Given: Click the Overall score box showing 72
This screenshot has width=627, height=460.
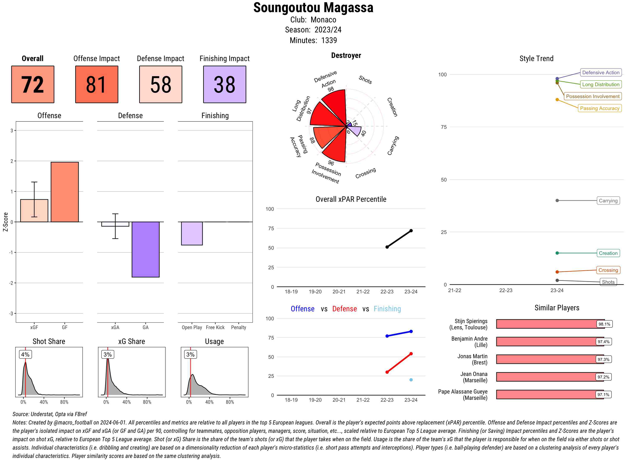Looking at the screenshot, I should [x=33, y=84].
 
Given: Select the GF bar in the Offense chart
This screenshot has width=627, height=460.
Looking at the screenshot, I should [x=65, y=192].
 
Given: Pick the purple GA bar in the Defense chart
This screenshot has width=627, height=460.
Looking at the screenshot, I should [x=145, y=249].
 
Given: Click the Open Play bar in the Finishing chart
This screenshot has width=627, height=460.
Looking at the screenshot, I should [x=192, y=233].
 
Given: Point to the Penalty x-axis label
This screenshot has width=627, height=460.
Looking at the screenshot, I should [x=238, y=327].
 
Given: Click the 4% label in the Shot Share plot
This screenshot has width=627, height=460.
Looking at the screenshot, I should [x=25, y=354].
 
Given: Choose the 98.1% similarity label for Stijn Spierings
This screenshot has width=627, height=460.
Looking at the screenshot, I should [x=604, y=324].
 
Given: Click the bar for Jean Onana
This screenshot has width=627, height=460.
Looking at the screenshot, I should [x=550, y=377].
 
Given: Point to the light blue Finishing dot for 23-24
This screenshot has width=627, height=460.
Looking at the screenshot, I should [x=411, y=380].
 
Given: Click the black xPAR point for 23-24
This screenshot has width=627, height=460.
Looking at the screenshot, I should [x=411, y=231].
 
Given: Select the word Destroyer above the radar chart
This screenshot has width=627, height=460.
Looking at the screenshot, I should [x=346, y=55].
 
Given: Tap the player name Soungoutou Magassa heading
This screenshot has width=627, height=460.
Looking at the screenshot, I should [x=313, y=8].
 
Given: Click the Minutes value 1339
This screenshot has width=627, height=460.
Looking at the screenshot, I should [x=329, y=41].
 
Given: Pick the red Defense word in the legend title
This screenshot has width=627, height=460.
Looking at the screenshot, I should [x=344, y=309].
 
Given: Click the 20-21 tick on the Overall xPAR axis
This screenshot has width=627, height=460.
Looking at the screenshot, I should [x=339, y=291].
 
